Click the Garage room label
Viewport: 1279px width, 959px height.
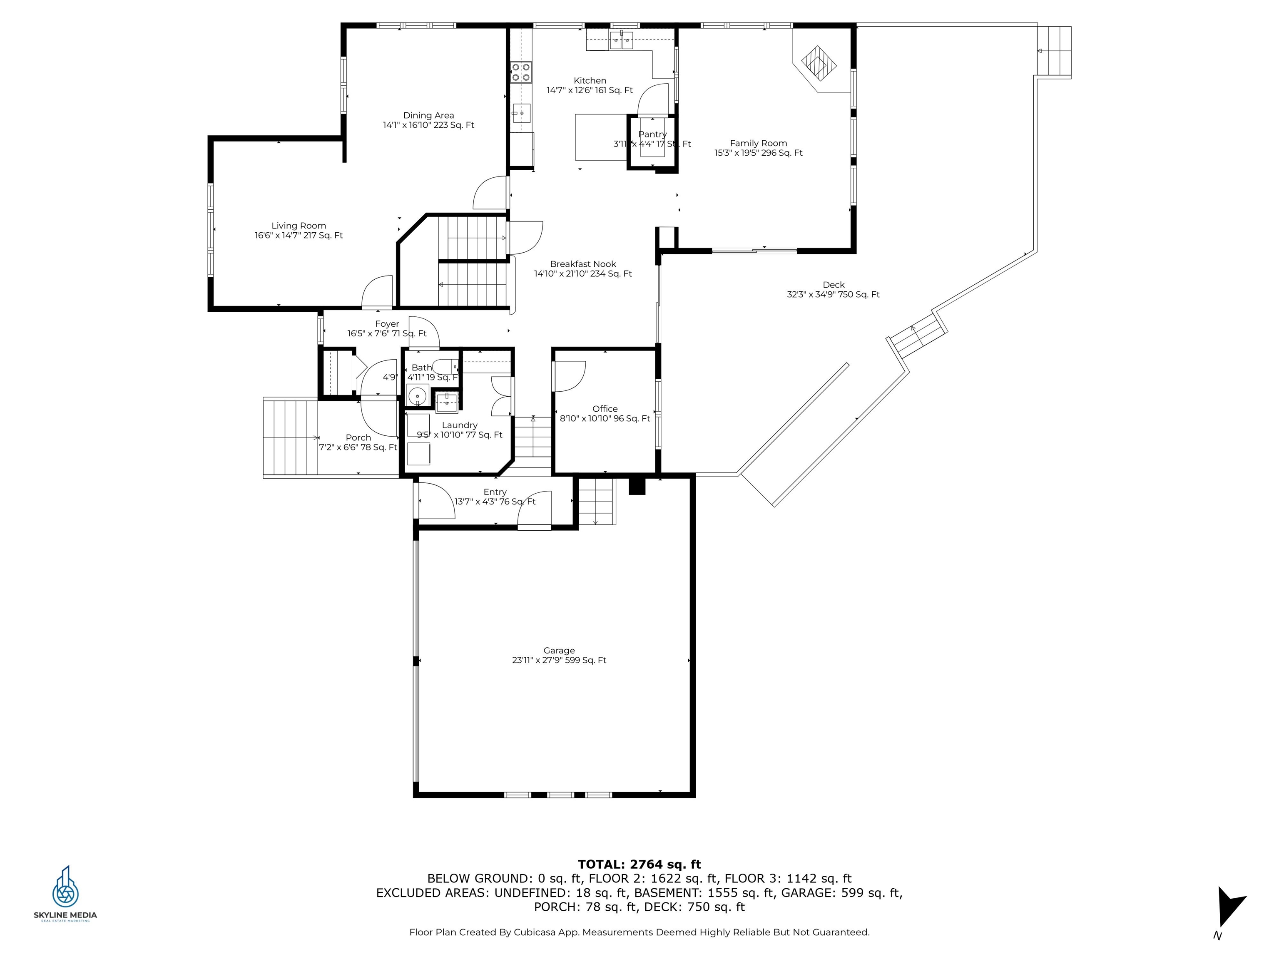(x=559, y=650)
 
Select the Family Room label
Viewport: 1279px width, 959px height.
(x=758, y=143)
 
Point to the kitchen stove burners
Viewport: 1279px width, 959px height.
(x=521, y=73)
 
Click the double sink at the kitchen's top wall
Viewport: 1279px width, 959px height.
(x=622, y=40)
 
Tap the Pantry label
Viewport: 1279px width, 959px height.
(x=652, y=134)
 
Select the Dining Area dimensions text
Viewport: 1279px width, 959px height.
(x=428, y=125)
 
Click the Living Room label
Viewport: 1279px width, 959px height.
(x=299, y=226)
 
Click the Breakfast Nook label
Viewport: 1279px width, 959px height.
(x=583, y=263)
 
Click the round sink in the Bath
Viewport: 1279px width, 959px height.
(x=417, y=397)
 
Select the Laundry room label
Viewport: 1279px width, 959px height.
(x=459, y=425)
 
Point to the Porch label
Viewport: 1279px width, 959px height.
(x=358, y=437)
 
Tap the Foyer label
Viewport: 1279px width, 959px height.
(x=387, y=324)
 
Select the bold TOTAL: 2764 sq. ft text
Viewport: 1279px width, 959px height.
(x=639, y=864)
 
